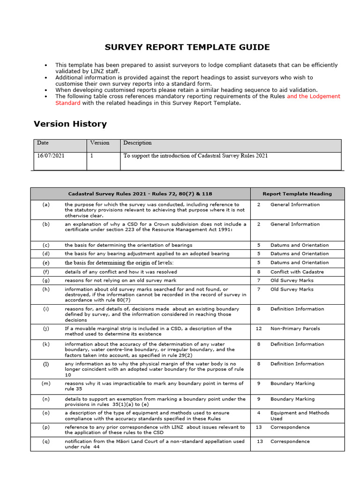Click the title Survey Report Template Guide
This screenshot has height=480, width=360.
pos(187,47)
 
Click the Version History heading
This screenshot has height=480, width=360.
pos(70,124)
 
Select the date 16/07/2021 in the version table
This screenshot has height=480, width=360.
pos(51,156)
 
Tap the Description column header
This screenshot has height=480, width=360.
pos(137,143)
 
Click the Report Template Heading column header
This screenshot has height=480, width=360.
pos(297,194)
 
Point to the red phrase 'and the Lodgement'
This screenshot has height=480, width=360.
pos(314,96)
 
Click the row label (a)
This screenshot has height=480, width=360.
pos(46,204)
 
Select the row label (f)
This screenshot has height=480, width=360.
pos(46,272)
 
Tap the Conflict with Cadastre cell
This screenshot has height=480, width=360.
pos(297,272)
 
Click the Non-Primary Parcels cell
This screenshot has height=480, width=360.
pos(295,329)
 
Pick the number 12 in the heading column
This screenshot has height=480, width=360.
pos(259,329)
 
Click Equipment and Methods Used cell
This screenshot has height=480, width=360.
pos(300,416)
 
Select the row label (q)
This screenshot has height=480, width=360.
pos(46,441)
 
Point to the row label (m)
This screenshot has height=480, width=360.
pos(46,383)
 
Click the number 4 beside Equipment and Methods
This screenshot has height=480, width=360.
pos(259,413)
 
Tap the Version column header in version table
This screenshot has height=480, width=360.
pos(100,143)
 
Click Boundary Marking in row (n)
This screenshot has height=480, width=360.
pos(293,399)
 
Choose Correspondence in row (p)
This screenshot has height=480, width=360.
pos(290,427)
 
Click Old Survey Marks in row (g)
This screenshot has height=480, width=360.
pos(292,280)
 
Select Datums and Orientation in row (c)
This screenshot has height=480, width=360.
pos(300,245)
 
